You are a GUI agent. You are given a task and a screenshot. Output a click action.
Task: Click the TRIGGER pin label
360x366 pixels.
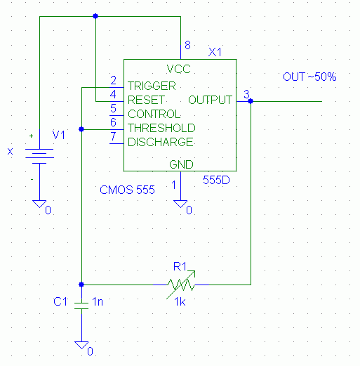point(152,86)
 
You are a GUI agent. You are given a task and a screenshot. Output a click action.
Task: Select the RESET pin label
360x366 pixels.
point(146,100)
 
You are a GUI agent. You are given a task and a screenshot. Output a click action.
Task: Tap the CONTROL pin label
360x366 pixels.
point(154,114)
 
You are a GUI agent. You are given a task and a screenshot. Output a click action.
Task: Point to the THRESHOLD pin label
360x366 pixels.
point(161,128)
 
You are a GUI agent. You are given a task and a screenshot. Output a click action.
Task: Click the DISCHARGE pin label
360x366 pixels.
point(161,142)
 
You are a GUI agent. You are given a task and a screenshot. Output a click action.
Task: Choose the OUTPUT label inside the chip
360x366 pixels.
point(210,100)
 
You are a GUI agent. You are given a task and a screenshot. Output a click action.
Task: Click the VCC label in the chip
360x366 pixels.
point(178,69)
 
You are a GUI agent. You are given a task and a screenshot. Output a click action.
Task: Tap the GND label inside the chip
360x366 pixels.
point(181,164)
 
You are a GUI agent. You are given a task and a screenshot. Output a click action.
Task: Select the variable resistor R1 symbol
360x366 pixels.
point(180,285)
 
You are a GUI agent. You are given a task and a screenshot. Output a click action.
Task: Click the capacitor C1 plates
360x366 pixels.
point(81,306)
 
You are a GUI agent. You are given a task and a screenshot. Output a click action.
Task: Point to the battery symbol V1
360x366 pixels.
point(39,156)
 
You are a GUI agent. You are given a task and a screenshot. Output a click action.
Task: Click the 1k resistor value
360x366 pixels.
point(180,302)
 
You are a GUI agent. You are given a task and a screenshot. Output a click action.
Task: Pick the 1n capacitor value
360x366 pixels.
point(98,301)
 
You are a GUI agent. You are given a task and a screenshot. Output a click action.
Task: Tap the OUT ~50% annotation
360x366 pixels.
point(309,77)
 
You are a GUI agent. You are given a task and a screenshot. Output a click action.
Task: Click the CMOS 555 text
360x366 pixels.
point(127,190)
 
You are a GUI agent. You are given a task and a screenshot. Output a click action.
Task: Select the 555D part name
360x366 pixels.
point(216,180)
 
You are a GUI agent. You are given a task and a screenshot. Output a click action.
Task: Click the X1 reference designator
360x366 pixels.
point(215,52)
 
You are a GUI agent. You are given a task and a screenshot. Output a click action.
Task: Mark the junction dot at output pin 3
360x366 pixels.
point(251,101)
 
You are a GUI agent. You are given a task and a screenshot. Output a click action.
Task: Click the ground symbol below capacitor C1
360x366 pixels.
point(81,345)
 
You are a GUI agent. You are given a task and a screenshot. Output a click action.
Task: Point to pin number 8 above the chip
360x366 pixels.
point(187,45)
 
